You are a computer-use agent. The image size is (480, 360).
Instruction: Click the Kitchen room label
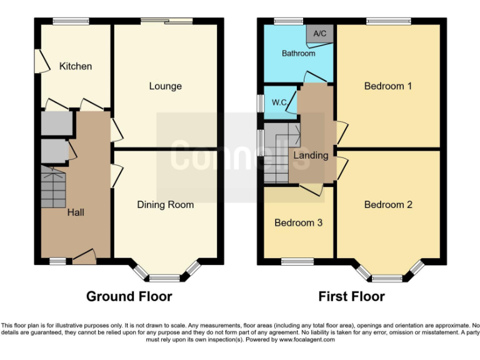tap(76, 66)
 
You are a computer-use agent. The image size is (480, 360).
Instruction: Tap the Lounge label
tap(165, 86)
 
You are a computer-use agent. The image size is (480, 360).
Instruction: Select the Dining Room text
tap(166, 204)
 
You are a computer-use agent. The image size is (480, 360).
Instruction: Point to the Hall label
tap(76, 212)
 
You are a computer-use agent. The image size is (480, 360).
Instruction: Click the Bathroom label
tap(298, 54)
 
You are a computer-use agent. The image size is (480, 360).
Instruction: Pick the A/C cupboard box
tap(319, 34)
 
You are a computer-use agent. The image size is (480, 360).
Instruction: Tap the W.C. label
tap(279, 102)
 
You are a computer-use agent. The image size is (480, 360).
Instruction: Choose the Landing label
tap(311, 155)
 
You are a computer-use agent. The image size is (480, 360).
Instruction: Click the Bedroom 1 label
tap(388, 86)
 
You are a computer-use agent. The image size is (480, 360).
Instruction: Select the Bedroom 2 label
tap(388, 204)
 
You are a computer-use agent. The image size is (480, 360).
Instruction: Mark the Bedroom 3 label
tap(298, 222)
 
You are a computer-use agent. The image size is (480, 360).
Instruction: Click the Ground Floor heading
tap(129, 296)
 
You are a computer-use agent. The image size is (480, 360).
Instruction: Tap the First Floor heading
tap(351, 296)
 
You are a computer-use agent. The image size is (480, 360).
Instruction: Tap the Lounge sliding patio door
tap(166, 22)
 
